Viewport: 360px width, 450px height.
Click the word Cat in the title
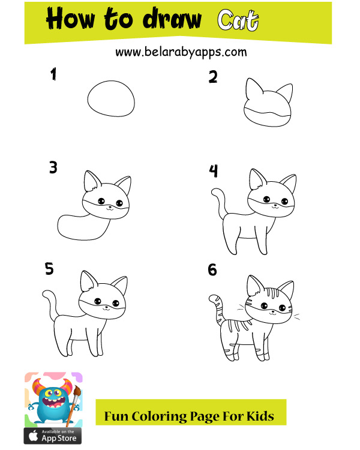pos(238,20)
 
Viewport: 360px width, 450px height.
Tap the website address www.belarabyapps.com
pos(181,52)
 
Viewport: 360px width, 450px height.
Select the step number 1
pos(53,74)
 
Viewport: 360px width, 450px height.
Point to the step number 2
pos(213,77)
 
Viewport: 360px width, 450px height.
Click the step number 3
pos(53,167)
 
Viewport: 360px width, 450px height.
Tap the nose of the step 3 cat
pos(110,206)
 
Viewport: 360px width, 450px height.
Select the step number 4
pos(214,171)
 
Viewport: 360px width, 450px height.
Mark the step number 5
pos(49,269)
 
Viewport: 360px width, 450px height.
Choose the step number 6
pos(212,270)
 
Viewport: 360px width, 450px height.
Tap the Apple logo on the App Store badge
pos(34,436)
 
